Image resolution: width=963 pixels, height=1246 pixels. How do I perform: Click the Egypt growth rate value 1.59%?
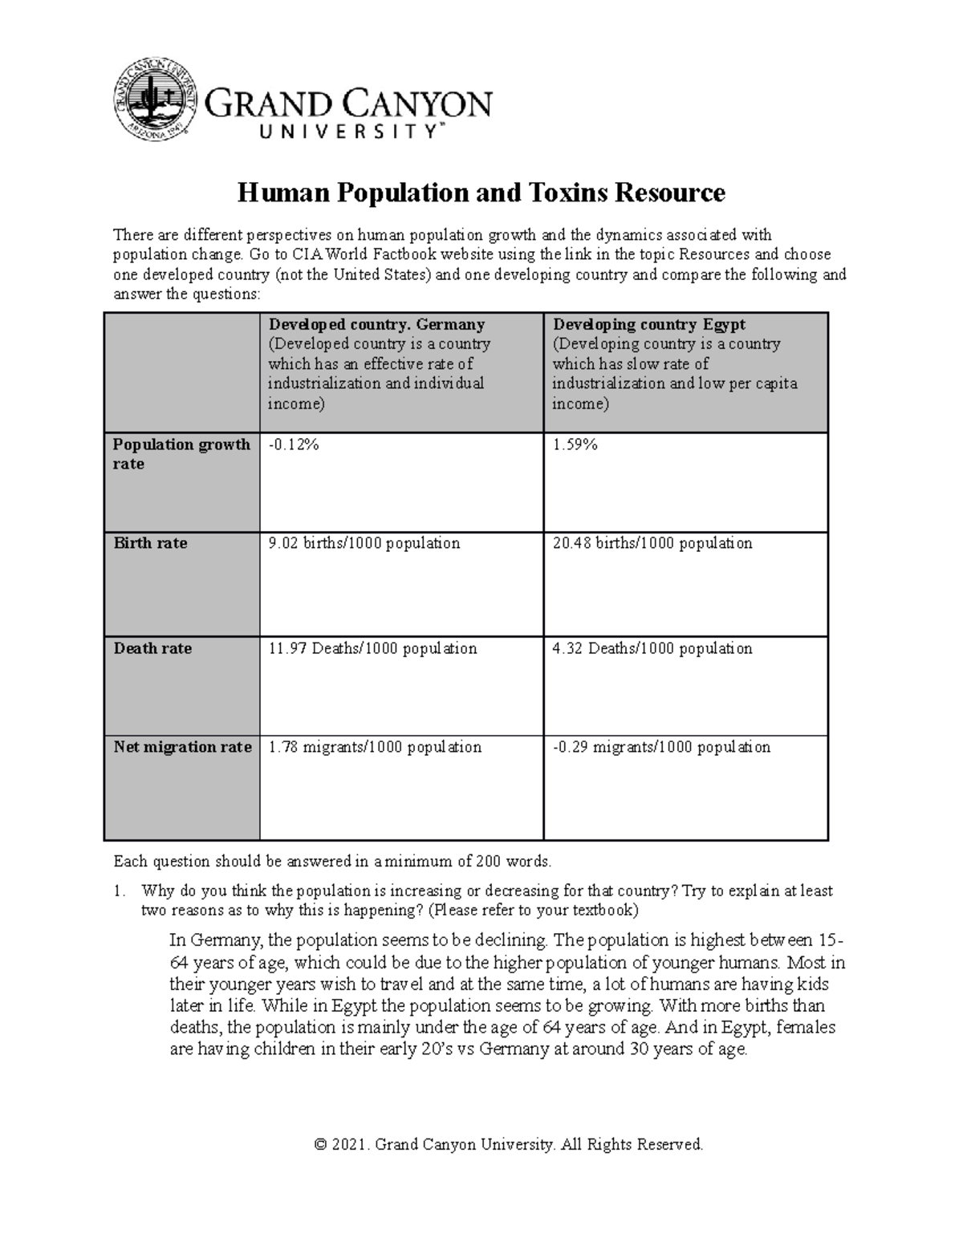(575, 444)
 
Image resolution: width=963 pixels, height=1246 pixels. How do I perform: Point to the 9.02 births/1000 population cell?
(364, 543)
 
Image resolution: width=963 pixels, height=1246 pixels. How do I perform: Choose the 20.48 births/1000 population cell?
(652, 543)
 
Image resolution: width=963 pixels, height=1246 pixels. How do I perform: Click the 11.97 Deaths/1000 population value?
(372, 648)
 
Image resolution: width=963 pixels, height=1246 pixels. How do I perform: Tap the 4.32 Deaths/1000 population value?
(652, 648)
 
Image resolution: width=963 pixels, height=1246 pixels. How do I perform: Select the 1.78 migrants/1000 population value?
(375, 747)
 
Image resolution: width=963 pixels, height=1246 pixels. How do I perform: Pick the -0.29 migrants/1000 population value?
(661, 747)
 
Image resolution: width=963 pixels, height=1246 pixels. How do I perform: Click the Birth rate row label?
(150, 543)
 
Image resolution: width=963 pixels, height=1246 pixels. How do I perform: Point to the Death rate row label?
(152, 648)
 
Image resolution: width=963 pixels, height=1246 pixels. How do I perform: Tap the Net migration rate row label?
(182, 747)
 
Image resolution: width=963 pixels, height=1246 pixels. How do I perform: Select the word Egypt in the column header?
(725, 324)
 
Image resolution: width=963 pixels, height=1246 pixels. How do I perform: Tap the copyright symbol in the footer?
(321, 1144)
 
